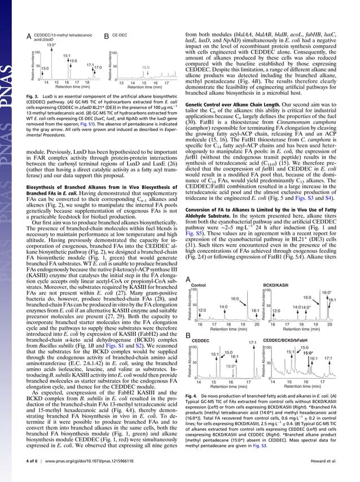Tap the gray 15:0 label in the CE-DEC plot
pos(146,67)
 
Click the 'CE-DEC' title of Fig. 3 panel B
pos(120,35)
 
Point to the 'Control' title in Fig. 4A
pos(199,286)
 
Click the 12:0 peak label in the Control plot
pos(201,310)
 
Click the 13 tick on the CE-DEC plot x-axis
pos(120,82)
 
